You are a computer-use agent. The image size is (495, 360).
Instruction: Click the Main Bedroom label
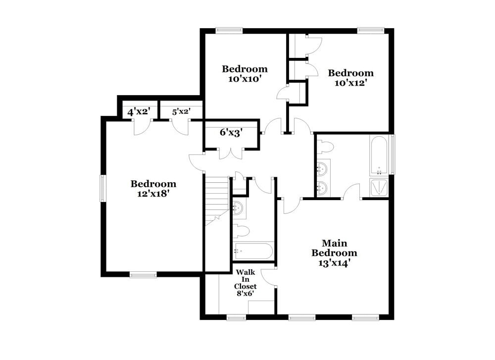[x=334, y=248]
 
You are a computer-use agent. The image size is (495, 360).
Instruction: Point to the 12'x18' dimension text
[x=153, y=194]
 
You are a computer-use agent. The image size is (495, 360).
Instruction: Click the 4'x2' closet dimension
[x=139, y=112]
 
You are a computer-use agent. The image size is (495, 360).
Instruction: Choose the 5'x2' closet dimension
[x=181, y=112]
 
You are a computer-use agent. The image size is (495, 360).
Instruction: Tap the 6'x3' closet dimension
[x=231, y=133]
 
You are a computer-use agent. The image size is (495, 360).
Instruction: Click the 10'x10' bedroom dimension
[x=245, y=78]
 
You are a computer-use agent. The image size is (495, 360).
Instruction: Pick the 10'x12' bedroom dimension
[x=350, y=83]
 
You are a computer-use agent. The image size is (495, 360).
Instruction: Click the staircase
[x=216, y=198]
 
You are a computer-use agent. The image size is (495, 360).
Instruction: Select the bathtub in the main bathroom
[x=379, y=155]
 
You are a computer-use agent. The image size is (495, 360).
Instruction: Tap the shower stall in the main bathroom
[x=379, y=187]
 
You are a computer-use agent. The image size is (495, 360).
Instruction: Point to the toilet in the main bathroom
[x=325, y=147]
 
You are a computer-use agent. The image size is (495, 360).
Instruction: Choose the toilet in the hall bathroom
[x=241, y=230]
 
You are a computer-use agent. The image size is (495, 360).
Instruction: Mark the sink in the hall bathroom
[x=239, y=208]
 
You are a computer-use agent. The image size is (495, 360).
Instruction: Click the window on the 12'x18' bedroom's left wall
[x=103, y=188]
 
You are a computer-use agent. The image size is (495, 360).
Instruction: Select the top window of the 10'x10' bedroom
[x=229, y=30]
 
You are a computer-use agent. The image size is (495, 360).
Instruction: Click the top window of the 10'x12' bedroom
[x=371, y=30]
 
